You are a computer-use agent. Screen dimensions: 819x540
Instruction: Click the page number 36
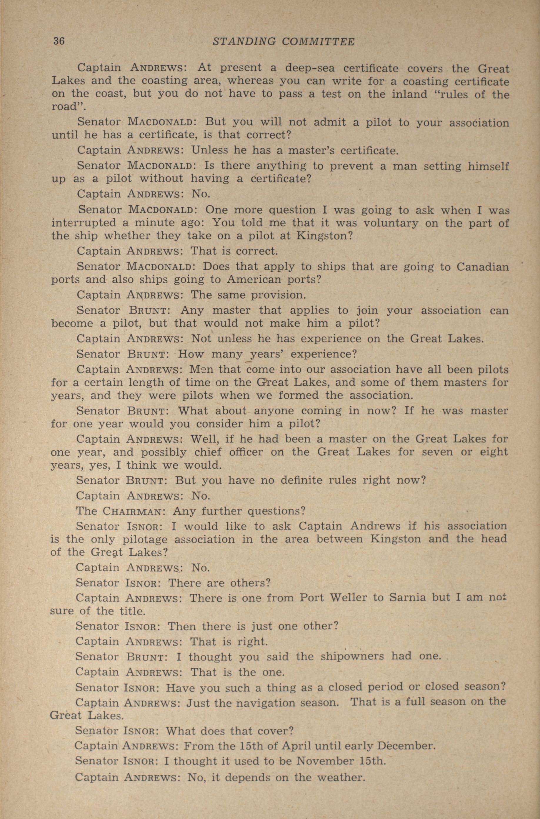click(x=59, y=41)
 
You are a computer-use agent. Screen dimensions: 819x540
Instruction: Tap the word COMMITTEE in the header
click(x=318, y=42)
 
